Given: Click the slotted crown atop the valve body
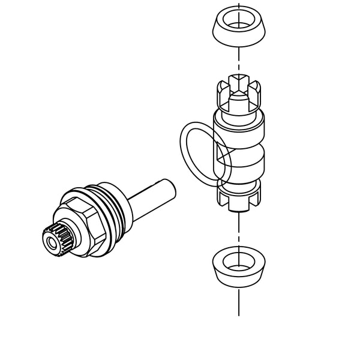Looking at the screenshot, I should coord(239,93).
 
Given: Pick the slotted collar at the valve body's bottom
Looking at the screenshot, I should coord(239,193).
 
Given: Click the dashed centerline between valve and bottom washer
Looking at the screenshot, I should coord(239,231).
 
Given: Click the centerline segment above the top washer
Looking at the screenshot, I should coord(239,6).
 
